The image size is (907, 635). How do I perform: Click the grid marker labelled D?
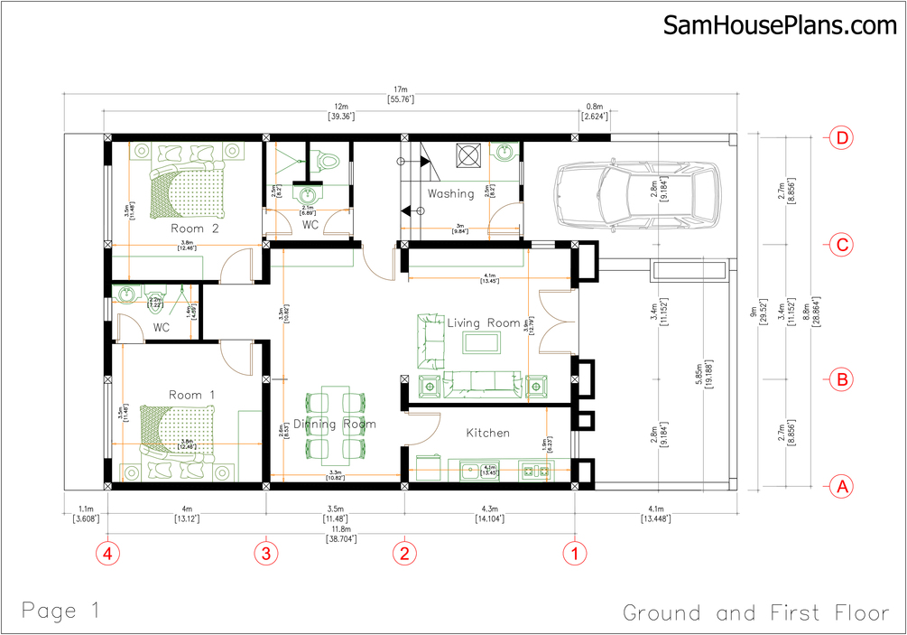(x=842, y=138)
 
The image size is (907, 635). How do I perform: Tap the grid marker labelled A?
(x=842, y=486)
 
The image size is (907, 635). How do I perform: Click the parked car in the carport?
(x=636, y=194)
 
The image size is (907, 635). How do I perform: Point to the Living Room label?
(x=484, y=322)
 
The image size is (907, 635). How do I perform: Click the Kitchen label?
(x=487, y=433)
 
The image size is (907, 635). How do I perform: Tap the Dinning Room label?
(x=322, y=424)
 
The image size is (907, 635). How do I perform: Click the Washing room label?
(x=450, y=193)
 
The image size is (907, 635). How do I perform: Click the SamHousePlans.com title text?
(x=780, y=25)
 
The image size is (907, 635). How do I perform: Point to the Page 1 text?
(x=60, y=610)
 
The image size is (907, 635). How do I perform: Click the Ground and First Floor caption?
(x=755, y=613)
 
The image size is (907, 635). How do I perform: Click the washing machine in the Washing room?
(x=470, y=155)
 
